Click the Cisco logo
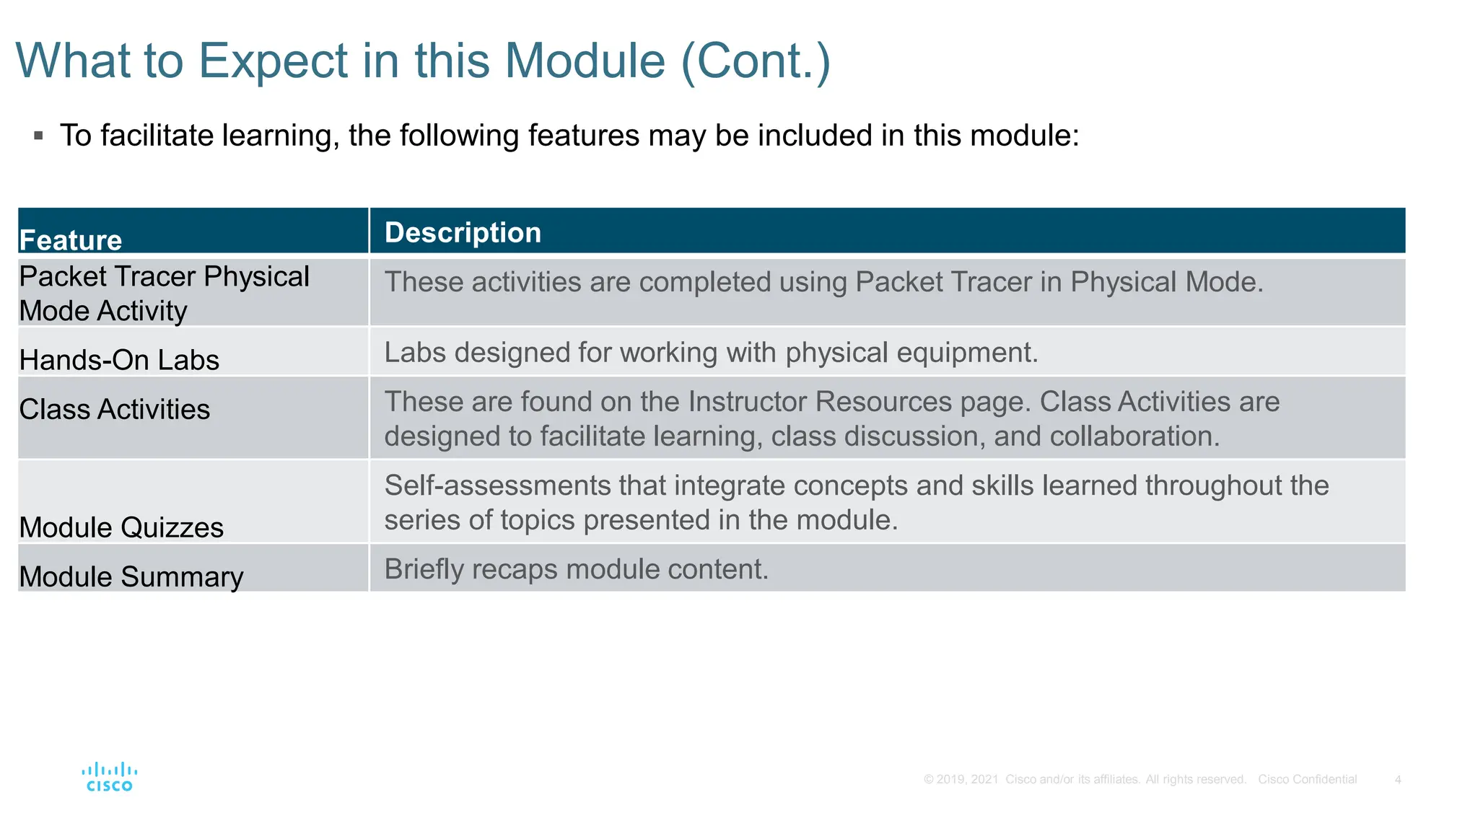tap(109, 777)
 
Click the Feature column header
tap(71, 240)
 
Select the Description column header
tap(463, 233)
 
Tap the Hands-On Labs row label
tap(119, 360)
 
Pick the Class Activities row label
tap(115, 409)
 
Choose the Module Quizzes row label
tap(121, 527)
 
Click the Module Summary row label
tap(131, 576)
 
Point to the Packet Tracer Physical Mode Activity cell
tap(164, 294)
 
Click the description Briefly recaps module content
tap(576, 569)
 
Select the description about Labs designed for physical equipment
tap(711, 353)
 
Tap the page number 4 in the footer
tap(1398, 780)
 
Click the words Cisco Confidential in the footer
tap(1307, 780)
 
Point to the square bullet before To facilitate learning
tap(39, 136)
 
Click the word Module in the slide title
tap(585, 61)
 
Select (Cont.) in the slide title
tap(756, 61)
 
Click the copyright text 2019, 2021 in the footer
tap(967, 780)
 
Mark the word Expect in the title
tap(274, 61)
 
